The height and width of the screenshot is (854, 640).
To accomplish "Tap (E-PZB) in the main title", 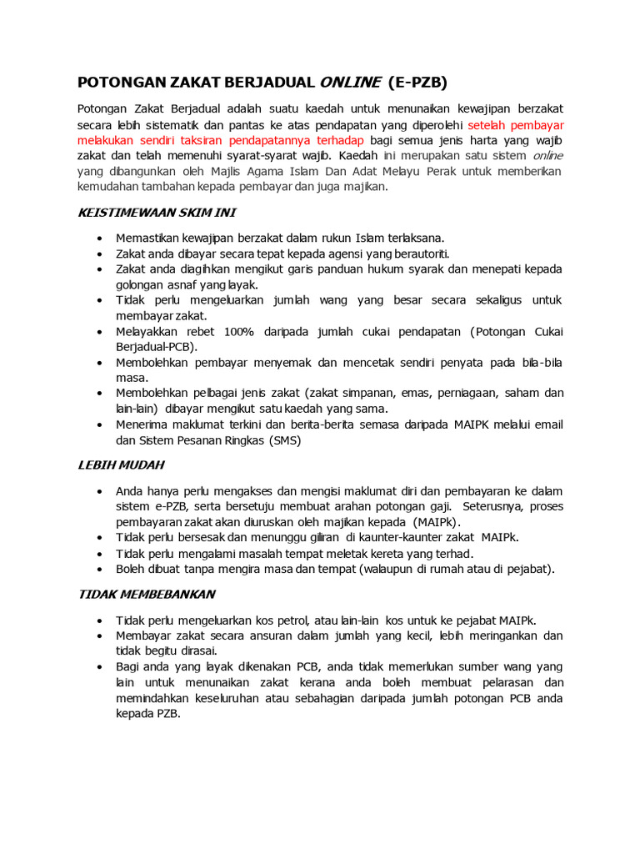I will (x=417, y=82).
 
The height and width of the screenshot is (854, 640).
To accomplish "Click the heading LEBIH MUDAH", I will (x=121, y=465).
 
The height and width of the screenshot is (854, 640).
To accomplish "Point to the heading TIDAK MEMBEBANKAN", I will (x=146, y=595).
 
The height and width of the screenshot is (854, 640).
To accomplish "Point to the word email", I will (x=547, y=425).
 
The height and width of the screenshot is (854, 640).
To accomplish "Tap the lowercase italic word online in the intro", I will (x=547, y=156).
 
